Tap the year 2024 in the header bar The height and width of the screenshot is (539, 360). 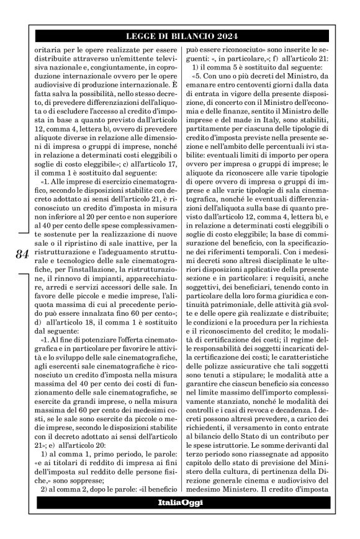(227, 35)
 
